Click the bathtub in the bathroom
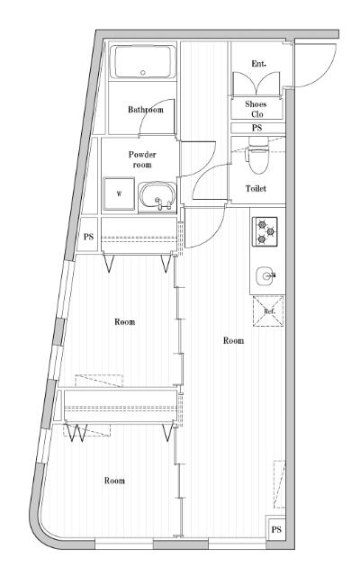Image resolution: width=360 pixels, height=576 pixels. point(143,64)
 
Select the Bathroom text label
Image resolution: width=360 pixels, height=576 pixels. point(145,110)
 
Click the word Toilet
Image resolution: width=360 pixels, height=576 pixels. point(256,189)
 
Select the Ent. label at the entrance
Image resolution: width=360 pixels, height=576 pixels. point(259,63)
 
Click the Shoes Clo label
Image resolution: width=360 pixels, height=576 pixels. point(256,109)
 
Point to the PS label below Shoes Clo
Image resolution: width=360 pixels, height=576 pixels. point(256,128)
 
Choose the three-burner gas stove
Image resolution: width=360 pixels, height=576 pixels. point(265,231)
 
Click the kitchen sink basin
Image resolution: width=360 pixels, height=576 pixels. point(265,275)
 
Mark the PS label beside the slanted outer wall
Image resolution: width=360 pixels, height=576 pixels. point(88,238)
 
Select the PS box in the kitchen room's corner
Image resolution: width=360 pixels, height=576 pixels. point(276,529)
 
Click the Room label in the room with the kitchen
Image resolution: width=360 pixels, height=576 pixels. point(233,341)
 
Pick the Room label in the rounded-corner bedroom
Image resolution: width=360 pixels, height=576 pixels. point(114,481)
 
